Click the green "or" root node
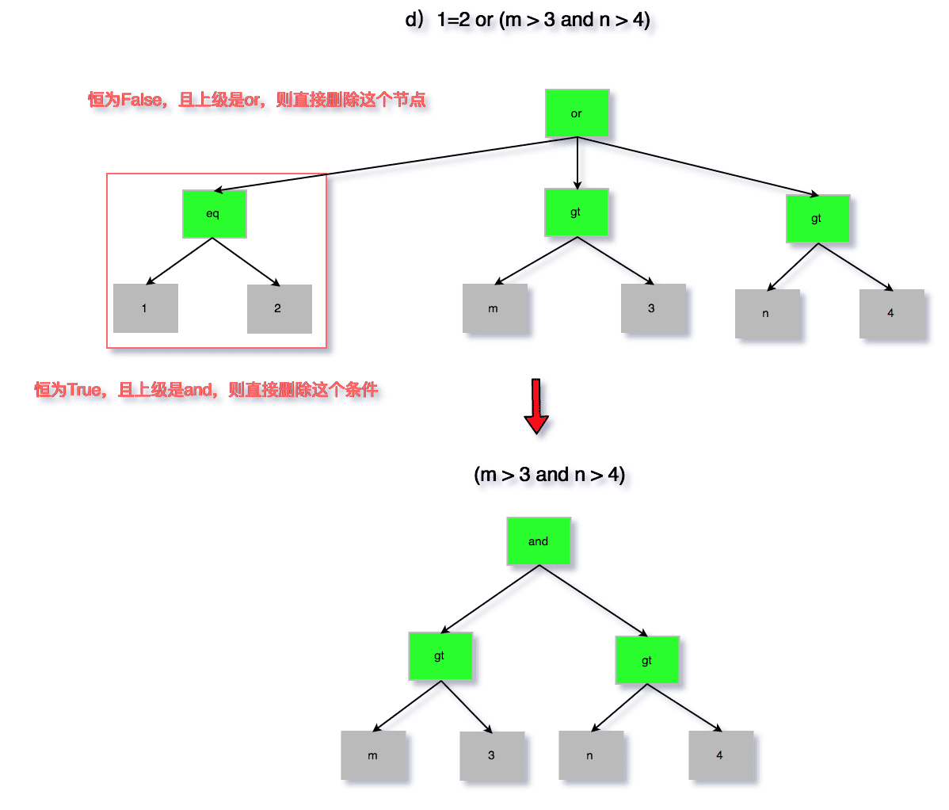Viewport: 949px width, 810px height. click(x=577, y=113)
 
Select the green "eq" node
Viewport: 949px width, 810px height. click(x=214, y=214)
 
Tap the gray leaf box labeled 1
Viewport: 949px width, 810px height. click(x=145, y=308)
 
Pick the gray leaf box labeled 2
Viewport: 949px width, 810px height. click(x=279, y=309)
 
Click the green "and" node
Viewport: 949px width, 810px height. click(x=539, y=541)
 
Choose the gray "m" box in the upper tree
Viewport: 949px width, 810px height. click(x=494, y=309)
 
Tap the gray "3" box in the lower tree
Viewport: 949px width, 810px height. click(x=492, y=756)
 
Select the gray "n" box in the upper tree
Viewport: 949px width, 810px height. click(x=767, y=314)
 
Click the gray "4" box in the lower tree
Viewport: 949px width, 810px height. click(x=721, y=756)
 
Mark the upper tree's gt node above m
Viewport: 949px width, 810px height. click(x=576, y=212)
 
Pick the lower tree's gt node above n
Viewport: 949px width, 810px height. click(x=647, y=660)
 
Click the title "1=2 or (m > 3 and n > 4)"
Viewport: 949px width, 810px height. click(x=528, y=21)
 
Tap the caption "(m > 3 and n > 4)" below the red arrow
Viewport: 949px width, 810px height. click(x=550, y=476)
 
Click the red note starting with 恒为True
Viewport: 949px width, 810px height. click(x=206, y=390)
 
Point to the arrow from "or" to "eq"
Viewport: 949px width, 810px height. click(x=396, y=164)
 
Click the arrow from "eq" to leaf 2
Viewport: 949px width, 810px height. click(x=246, y=262)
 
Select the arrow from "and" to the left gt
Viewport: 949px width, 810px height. click(x=491, y=598)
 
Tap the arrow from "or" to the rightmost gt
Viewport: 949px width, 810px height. click(x=697, y=166)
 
